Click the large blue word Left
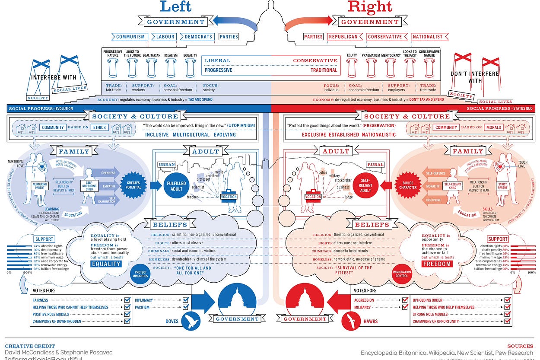pyautogui.click(x=175, y=7)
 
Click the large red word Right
pyautogui.click(x=369, y=7)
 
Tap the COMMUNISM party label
pyautogui.click(x=129, y=37)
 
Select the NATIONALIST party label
pyautogui.click(x=427, y=37)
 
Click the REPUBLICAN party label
pyautogui.click(x=345, y=37)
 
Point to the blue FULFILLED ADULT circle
pyautogui.click(x=176, y=186)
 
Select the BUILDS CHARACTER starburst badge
pyautogui.click(x=408, y=185)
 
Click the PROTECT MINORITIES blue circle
pyautogui.click(x=141, y=274)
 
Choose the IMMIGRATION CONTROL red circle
pyautogui.click(x=402, y=274)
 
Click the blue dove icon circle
pyautogui.click(x=190, y=321)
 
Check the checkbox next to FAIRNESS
pyautogui.click(x=127, y=300)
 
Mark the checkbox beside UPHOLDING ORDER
pyautogui.click(x=507, y=300)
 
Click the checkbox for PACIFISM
pyautogui.click(x=186, y=307)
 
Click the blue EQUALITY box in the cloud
pyautogui.click(x=106, y=264)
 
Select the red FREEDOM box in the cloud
pyautogui.click(x=437, y=264)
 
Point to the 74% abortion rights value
pyautogui.click(x=37, y=246)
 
